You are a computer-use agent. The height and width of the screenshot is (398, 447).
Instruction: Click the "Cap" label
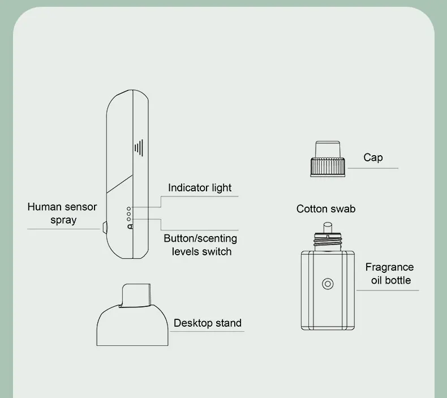tap(373, 158)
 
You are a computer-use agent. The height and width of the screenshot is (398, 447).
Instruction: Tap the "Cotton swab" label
tap(326, 209)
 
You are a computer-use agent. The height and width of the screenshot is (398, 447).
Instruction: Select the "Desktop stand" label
tap(207, 323)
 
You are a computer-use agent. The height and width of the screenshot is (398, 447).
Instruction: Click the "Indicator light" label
tap(200, 188)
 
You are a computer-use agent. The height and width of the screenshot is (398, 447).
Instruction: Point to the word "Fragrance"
tap(389, 267)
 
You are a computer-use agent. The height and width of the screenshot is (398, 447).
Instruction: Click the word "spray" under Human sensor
tap(63, 220)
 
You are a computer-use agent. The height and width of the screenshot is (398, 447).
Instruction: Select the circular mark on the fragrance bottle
tap(326, 284)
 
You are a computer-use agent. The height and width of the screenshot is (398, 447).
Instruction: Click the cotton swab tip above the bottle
tap(326, 226)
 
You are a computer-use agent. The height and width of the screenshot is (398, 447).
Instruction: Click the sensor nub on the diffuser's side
tap(104, 228)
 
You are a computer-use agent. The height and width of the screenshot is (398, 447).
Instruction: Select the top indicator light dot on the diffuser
tap(129, 208)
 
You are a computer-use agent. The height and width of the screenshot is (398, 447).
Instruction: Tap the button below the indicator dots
tap(130, 226)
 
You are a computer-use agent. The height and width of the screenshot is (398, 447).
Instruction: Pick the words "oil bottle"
tap(391, 280)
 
